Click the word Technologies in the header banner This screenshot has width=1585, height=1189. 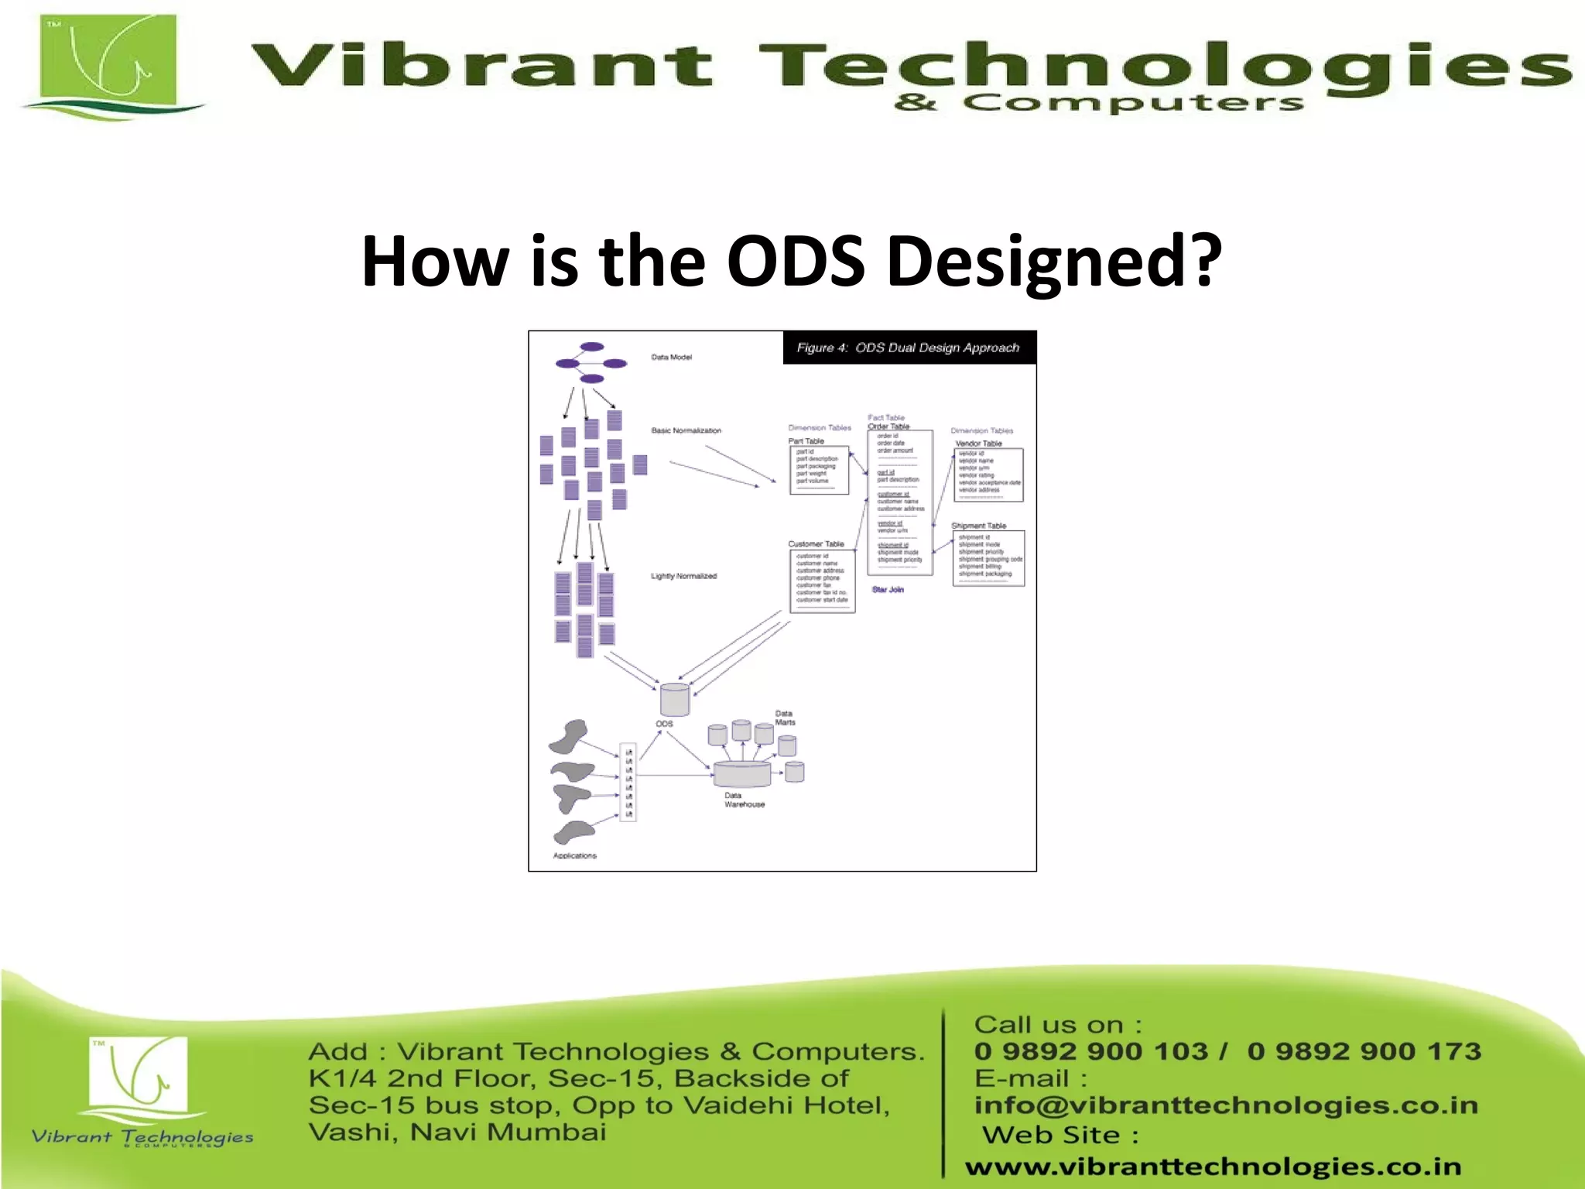point(1161,66)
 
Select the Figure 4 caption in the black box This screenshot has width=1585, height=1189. point(908,348)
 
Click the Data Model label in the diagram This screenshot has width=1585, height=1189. point(671,358)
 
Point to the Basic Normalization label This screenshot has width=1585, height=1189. point(686,430)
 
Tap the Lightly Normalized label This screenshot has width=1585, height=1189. point(683,576)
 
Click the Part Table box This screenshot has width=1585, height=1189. point(819,470)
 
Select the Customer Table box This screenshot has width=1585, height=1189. point(822,581)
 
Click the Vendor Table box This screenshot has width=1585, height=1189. point(988,475)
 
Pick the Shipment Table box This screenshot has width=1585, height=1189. point(988,557)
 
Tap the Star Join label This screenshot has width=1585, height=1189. point(888,590)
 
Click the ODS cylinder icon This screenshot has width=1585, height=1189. point(674,699)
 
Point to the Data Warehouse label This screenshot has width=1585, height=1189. point(744,800)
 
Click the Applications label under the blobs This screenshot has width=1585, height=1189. point(574,855)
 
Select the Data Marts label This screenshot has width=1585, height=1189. point(785,718)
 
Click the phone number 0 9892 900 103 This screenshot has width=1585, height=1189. point(1090,1051)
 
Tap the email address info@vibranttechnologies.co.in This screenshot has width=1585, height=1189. point(1225,1105)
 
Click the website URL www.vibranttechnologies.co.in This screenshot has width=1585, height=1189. point(1213,1166)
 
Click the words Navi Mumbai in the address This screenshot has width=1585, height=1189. point(508,1132)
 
